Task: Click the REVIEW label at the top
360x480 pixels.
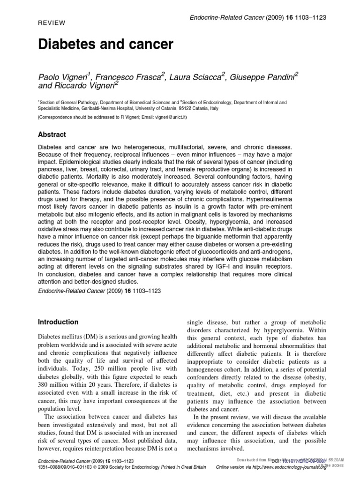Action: coord(51,22)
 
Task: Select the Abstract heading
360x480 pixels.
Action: coord(52,135)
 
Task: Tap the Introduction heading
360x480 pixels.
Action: coord(58,322)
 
